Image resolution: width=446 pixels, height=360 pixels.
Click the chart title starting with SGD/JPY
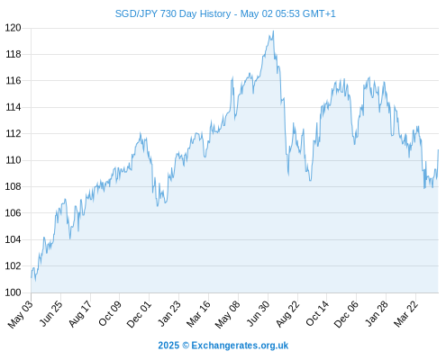225,13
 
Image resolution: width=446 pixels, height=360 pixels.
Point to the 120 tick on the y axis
14,28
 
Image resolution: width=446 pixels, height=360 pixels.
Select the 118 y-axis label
14,54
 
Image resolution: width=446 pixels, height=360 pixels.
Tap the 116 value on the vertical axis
14,81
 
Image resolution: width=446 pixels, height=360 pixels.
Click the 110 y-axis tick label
14,160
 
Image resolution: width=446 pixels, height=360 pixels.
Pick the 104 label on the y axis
14,239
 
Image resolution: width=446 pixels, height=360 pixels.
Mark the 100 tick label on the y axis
14,292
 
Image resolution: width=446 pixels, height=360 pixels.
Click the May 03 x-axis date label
20,314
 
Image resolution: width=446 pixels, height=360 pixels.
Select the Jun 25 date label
51,313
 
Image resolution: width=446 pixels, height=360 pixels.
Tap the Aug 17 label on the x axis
80,313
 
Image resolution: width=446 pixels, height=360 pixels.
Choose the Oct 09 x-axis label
110,313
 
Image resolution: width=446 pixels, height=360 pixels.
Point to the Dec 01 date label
139,314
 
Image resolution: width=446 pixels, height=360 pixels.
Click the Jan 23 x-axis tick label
169,313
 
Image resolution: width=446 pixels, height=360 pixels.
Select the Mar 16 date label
198,314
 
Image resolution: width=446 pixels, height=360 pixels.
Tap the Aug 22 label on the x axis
287,313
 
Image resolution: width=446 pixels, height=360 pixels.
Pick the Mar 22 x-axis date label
405,313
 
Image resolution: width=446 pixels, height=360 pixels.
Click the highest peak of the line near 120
273,31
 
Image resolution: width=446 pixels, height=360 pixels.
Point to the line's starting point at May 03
32,277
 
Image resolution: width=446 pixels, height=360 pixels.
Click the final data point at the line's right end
438,149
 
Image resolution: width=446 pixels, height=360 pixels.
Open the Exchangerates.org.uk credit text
223,346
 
